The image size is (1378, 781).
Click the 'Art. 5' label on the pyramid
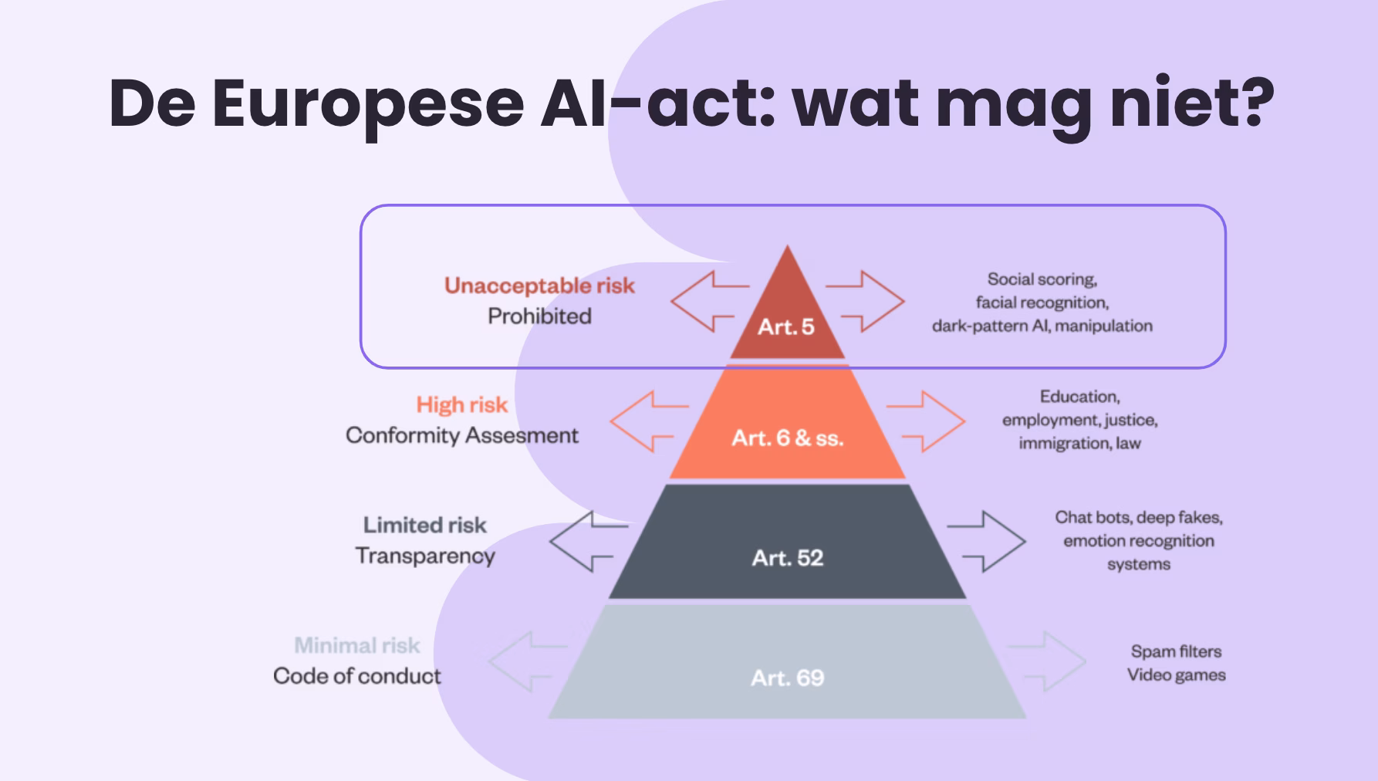786,326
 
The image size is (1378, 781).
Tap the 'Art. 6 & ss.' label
788,438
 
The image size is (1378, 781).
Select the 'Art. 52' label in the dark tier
788,558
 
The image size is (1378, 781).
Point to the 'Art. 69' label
788,678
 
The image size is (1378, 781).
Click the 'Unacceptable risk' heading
539,286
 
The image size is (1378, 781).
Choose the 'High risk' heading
462,404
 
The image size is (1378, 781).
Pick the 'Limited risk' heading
425,525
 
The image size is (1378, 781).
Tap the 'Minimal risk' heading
357,645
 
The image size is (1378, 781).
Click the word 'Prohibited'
539,316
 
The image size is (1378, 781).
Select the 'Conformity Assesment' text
461,435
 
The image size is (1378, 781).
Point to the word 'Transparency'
425,556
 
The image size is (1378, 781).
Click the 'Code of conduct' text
357,676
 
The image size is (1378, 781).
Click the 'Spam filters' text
1177,651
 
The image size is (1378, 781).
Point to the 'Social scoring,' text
1042,279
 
